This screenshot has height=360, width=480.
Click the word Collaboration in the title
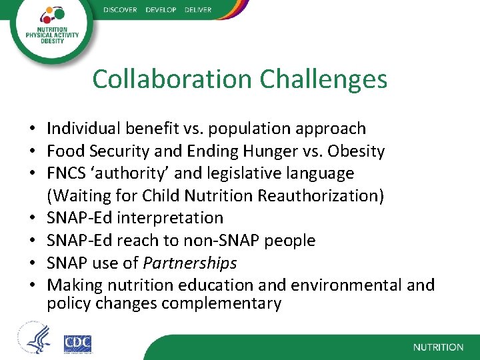(173, 79)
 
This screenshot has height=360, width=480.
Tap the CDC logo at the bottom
(77, 343)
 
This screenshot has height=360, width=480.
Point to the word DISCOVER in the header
(120, 9)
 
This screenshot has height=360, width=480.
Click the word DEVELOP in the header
(160, 9)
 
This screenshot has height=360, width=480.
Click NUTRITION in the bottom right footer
(438, 347)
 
